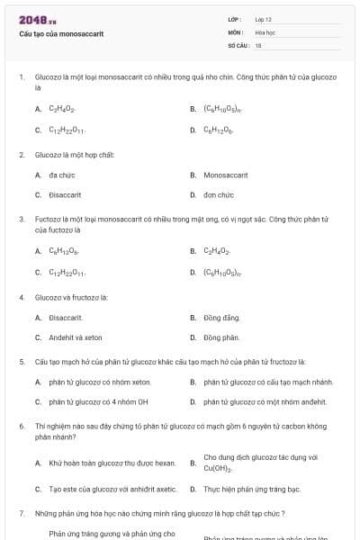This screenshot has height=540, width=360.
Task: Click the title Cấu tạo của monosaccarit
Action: point(61,33)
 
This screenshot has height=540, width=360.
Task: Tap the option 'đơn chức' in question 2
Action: point(219,194)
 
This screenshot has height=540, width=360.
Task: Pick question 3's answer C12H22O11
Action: point(67,272)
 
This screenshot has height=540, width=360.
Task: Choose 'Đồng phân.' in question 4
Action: point(221,337)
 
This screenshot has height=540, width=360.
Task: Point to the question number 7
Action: point(21,513)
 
